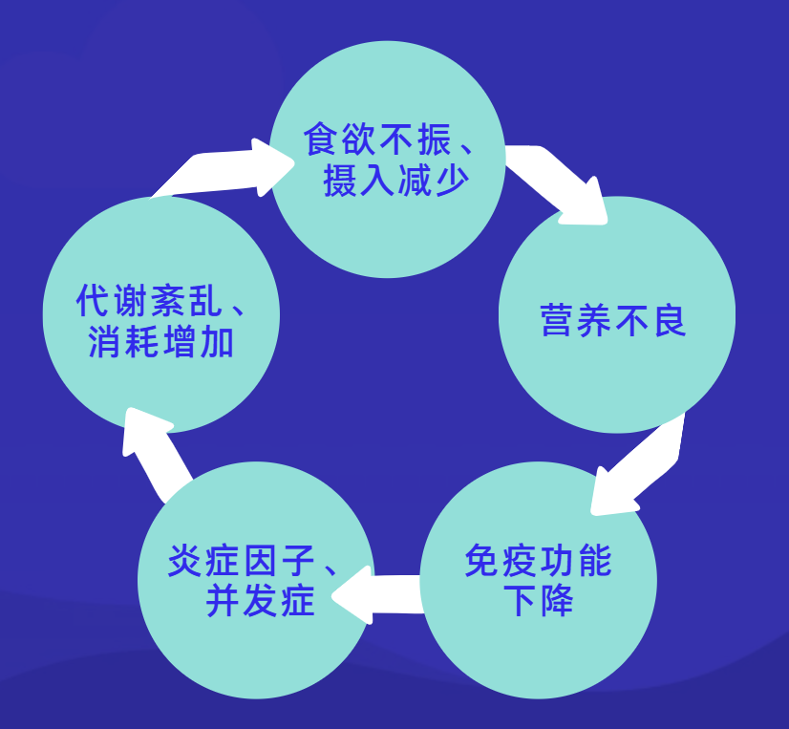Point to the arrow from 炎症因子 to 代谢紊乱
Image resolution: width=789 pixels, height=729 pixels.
click(x=153, y=454)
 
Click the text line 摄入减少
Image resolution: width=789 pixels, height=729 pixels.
click(x=396, y=179)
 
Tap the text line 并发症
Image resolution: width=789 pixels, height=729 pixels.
click(x=260, y=602)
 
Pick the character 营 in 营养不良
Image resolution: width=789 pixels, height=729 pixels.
click(x=558, y=321)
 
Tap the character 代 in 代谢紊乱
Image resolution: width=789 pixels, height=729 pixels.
click(x=94, y=302)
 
